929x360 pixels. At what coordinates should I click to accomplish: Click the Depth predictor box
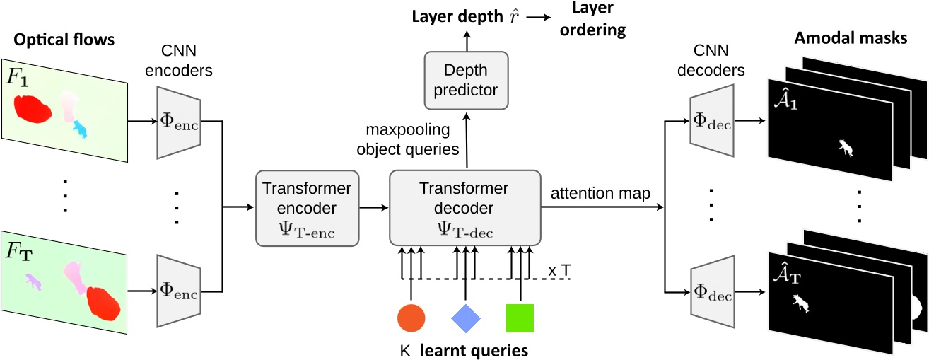(465, 80)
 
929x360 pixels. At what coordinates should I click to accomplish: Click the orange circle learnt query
(411, 318)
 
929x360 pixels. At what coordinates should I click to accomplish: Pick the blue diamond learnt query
(466, 318)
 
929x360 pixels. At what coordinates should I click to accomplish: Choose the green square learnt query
(520, 318)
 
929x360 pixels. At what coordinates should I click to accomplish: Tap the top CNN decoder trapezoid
(713, 120)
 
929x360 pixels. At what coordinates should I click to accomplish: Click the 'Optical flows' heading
(62, 40)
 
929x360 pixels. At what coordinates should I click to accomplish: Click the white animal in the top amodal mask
(845, 147)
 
